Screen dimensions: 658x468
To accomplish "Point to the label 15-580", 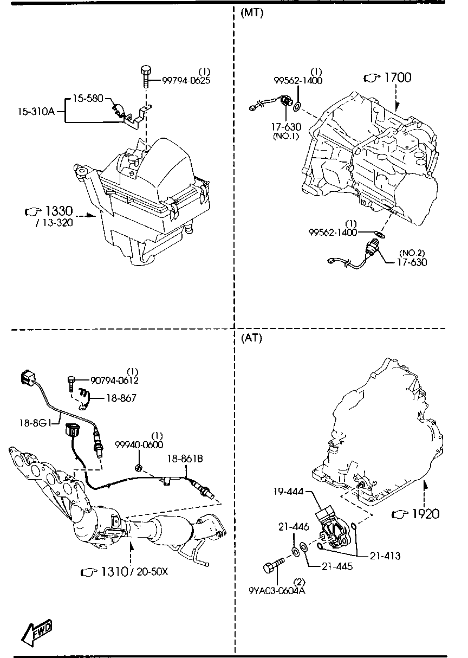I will [x=87, y=99].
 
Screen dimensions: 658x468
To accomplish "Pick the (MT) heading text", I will [x=251, y=14].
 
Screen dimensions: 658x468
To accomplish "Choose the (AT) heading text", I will [x=251, y=338].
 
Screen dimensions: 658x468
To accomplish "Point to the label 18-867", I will [x=121, y=398].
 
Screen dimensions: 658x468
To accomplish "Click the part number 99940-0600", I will [x=138, y=444].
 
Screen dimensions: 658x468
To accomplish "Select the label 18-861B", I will [x=184, y=459].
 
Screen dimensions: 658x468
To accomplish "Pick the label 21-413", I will [x=385, y=556].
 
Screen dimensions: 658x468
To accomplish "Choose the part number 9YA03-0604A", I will [x=278, y=590].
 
